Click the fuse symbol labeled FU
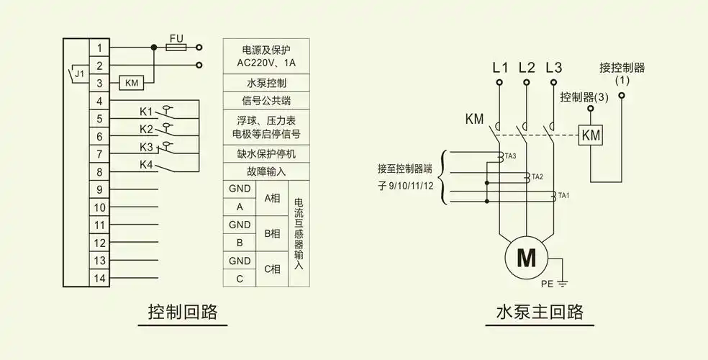[x=176, y=48]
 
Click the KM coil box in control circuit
[x=132, y=83]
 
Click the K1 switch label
[x=146, y=112]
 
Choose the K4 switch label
[x=146, y=165]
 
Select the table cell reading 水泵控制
[x=266, y=83]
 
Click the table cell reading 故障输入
[x=266, y=171]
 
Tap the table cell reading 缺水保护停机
[x=266, y=153]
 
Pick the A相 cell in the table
[x=272, y=197]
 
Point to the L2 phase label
[x=527, y=68]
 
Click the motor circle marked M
[x=527, y=257]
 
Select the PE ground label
[x=548, y=284]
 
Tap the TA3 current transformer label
[x=510, y=156]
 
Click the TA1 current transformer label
[x=564, y=196]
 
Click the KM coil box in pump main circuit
[x=591, y=135]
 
